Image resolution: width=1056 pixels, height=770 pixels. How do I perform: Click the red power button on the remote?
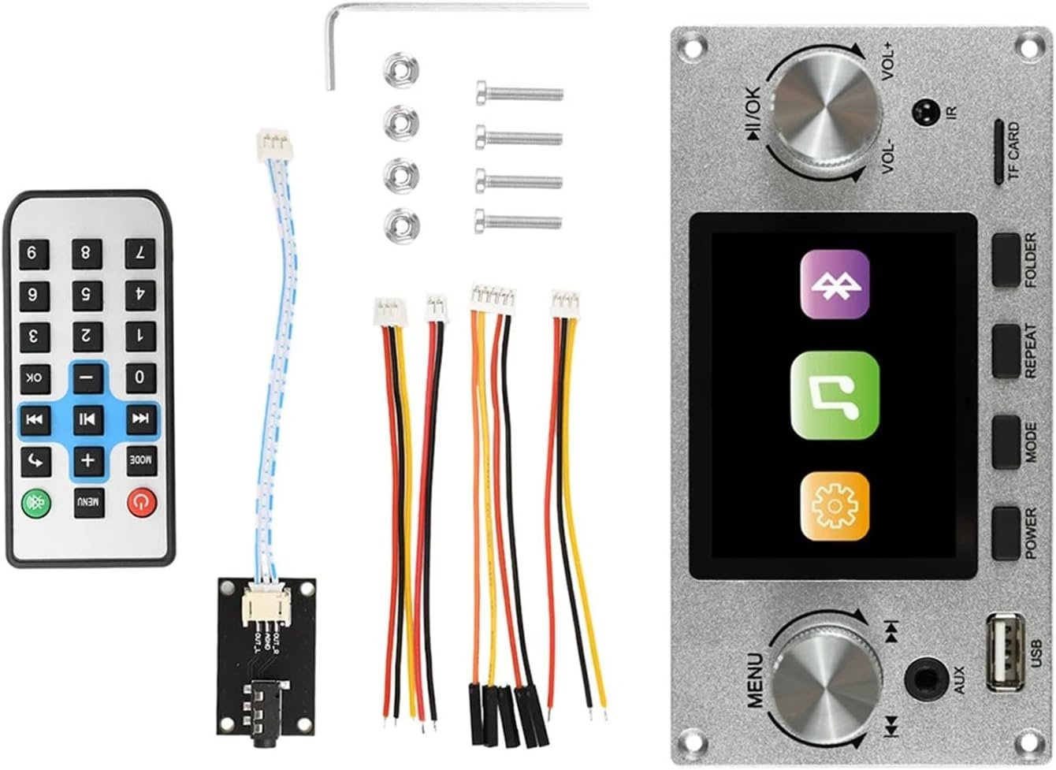tap(140, 502)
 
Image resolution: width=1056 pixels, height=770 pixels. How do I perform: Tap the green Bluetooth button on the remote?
tap(35, 502)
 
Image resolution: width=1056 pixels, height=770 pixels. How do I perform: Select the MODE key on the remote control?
tap(140, 460)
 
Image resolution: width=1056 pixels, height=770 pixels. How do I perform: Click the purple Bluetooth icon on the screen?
tap(835, 284)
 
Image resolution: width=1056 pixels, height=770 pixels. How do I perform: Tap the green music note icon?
tap(835, 395)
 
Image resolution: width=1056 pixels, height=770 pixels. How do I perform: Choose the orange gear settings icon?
tap(835, 507)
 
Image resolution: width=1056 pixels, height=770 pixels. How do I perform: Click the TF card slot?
tap(998, 152)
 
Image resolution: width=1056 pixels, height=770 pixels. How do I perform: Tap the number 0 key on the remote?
tap(140, 376)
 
